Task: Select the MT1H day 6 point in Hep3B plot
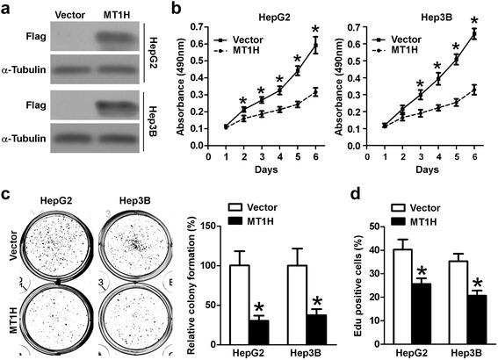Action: click(x=474, y=89)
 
